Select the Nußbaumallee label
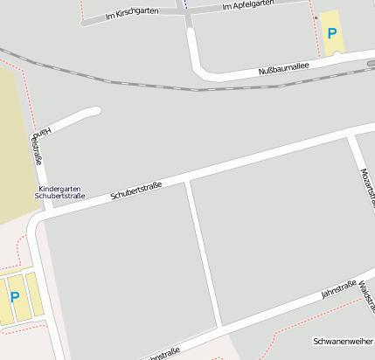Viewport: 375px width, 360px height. point(285,69)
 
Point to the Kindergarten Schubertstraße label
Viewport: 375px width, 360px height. point(59,192)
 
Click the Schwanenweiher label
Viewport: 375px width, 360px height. point(343,341)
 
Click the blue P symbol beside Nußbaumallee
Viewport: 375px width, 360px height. point(331,33)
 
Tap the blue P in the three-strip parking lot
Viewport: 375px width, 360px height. point(14,297)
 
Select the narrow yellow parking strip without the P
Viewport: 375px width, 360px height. point(33,296)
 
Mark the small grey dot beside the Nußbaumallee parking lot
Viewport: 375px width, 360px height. point(316,17)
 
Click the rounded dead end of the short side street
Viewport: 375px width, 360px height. point(94,111)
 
